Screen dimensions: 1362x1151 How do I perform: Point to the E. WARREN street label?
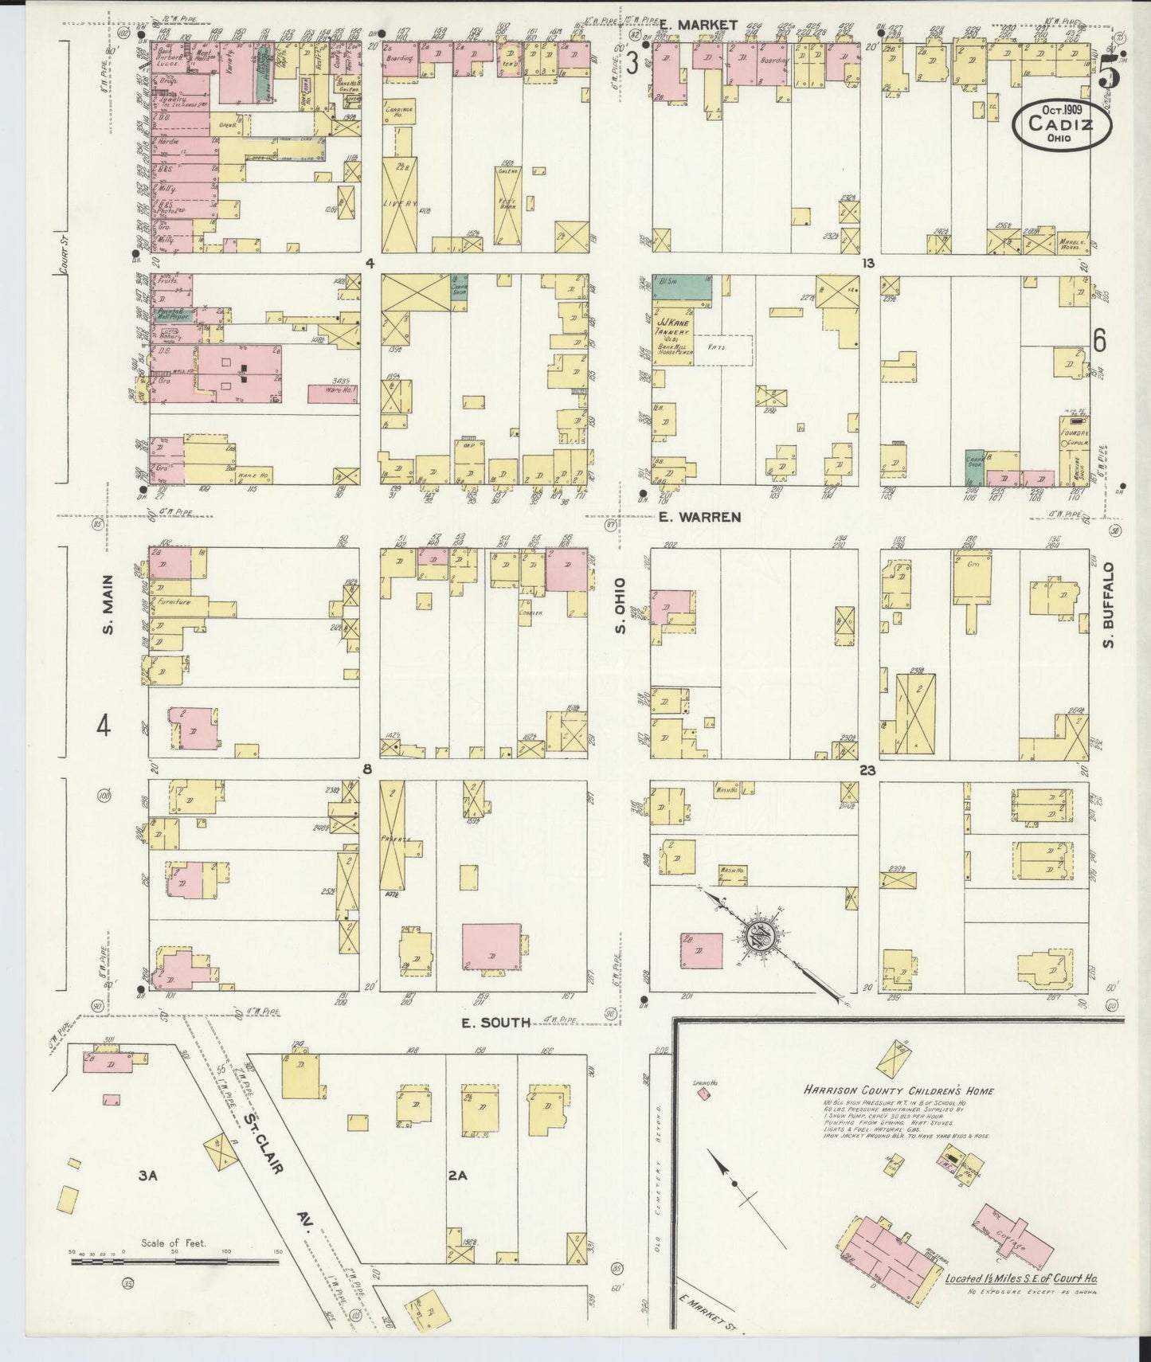click(700, 517)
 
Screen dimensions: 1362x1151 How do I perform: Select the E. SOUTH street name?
click(496, 1022)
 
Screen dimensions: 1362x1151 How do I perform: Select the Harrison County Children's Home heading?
click(898, 1090)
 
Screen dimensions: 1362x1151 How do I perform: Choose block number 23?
click(868, 770)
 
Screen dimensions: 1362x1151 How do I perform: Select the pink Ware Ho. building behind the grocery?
click(332, 393)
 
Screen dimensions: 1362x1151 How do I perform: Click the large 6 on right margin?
click(1100, 341)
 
